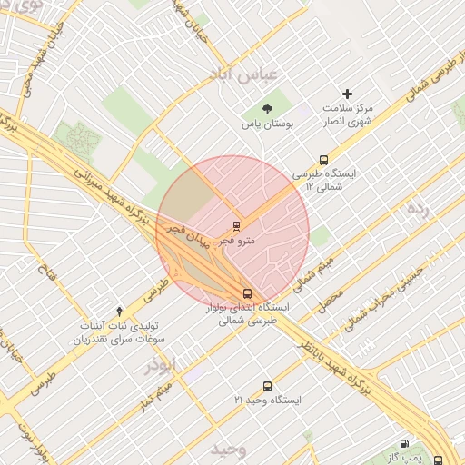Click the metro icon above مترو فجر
(x=236, y=225)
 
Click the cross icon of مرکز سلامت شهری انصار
(x=346, y=94)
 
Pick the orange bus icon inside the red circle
(x=247, y=293)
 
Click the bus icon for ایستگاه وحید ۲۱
(x=266, y=386)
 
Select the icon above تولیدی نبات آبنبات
(x=119, y=312)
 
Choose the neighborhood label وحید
(x=229, y=450)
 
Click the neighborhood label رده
(x=417, y=208)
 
